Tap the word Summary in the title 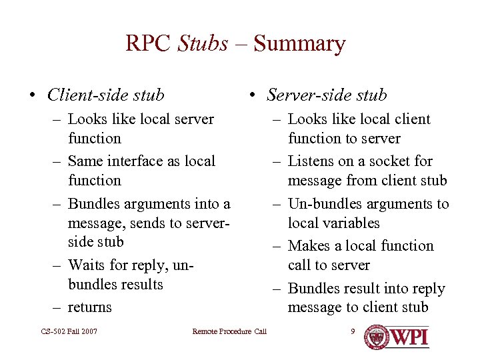pos(299,44)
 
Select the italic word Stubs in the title pos(203,44)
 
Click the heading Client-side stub pos(105,95)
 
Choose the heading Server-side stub pos(327,95)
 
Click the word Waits pos(87,265)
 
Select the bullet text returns pos(90,307)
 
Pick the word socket pos(392,161)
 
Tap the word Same pos(85,161)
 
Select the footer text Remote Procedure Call pos(229,331)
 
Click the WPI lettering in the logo pos(408,336)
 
